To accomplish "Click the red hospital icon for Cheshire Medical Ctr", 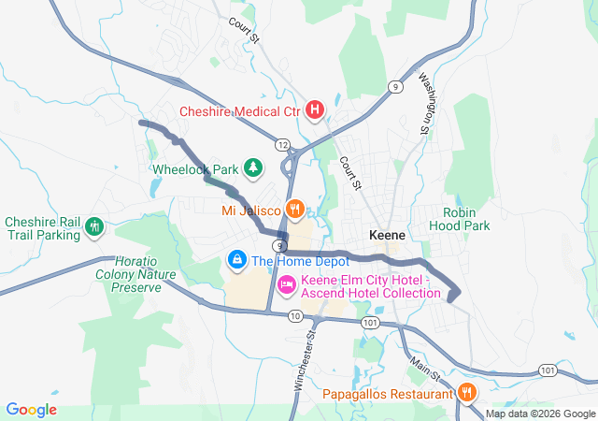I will [x=316, y=110].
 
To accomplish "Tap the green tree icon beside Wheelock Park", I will [x=252, y=169].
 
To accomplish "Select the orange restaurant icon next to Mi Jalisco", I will [x=295, y=209].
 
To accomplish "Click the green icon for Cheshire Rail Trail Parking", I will [x=93, y=226].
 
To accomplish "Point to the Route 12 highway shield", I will [x=281, y=144].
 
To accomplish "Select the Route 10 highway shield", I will [x=295, y=316].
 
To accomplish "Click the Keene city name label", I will [x=386, y=235].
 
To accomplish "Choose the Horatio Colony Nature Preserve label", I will [x=136, y=274].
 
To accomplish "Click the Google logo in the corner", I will [x=31, y=410].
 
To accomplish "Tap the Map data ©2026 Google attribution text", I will [x=539, y=414].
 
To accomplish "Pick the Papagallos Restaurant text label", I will [x=388, y=394].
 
